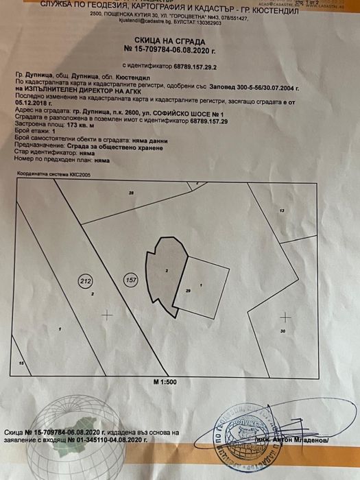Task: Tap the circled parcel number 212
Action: coord(86,280)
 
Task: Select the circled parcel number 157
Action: coord(130,280)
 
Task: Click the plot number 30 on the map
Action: coord(282,332)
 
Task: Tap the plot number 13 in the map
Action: coord(281,210)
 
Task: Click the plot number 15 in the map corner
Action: coord(21,362)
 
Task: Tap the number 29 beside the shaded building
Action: coord(188,291)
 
